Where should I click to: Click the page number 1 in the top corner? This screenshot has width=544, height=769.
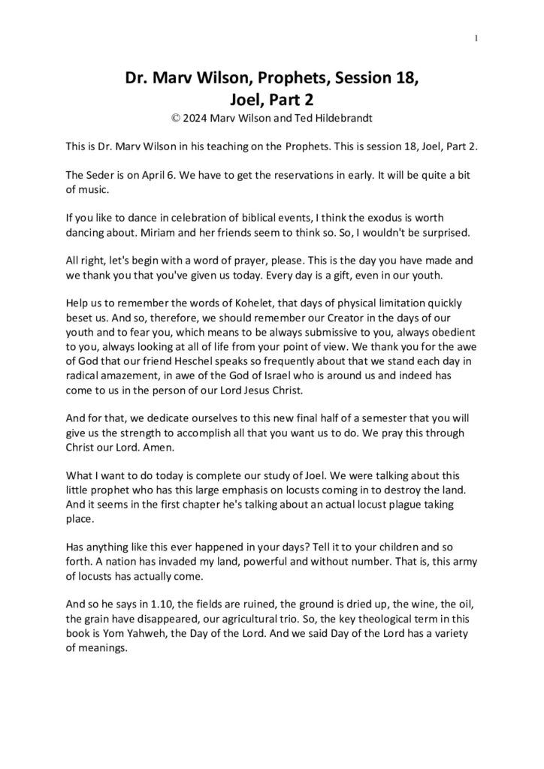tap(477, 38)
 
